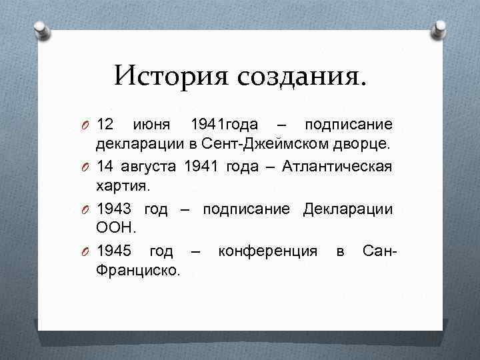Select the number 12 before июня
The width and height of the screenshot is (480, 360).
[x=105, y=125]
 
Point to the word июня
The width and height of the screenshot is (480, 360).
[x=152, y=125]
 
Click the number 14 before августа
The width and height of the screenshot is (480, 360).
[x=105, y=167]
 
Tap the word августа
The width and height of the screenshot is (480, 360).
[x=151, y=167]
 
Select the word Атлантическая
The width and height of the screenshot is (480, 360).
[x=337, y=167]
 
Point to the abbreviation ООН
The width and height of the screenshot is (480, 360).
[x=117, y=229]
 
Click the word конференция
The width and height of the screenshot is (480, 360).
[x=267, y=251]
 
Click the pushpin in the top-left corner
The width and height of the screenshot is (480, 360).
[x=39, y=29]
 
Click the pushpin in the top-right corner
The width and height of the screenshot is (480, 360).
[x=441, y=29]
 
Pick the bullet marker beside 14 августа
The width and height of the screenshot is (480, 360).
[x=87, y=167]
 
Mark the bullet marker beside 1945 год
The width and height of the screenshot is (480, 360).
[x=87, y=252]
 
